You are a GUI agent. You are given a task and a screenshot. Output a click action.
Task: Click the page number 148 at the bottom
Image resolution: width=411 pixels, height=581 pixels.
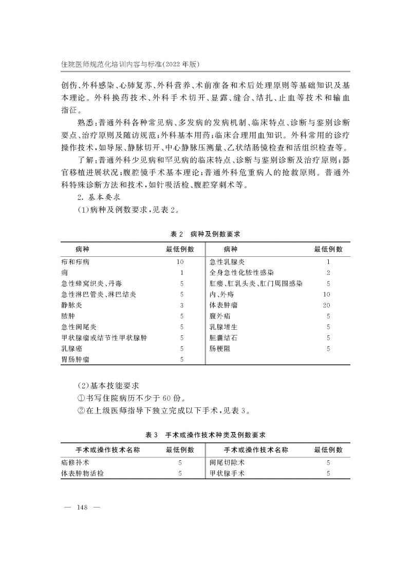click(x=82, y=508)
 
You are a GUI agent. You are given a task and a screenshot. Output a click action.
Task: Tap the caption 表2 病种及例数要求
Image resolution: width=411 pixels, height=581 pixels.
click(x=206, y=234)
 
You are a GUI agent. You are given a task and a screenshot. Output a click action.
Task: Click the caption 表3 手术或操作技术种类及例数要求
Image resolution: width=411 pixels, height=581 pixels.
click(x=205, y=435)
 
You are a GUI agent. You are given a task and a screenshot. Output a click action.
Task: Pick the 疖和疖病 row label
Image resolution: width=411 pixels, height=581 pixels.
click(x=75, y=261)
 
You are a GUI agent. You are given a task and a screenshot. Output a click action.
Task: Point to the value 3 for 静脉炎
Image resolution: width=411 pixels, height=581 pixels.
click(x=181, y=305)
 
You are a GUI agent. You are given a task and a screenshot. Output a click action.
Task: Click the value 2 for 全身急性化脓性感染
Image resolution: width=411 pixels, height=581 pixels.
click(x=328, y=272)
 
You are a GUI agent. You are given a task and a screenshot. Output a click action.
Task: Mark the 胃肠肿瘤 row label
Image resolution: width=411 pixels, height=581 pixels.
click(x=75, y=360)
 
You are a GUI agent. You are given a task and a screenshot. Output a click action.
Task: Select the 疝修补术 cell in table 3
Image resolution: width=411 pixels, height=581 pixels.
click(x=75, y=463)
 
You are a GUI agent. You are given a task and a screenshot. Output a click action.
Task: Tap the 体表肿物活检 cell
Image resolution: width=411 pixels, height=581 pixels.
click(x=82, y=474)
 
